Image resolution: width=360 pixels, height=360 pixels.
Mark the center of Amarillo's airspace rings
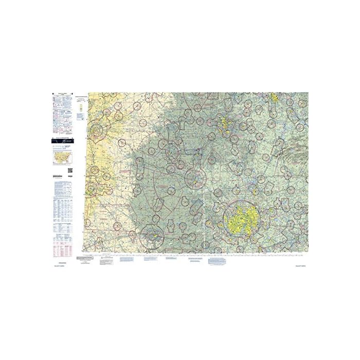[97, 131]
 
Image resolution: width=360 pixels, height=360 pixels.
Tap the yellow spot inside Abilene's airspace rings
[153, 236]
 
